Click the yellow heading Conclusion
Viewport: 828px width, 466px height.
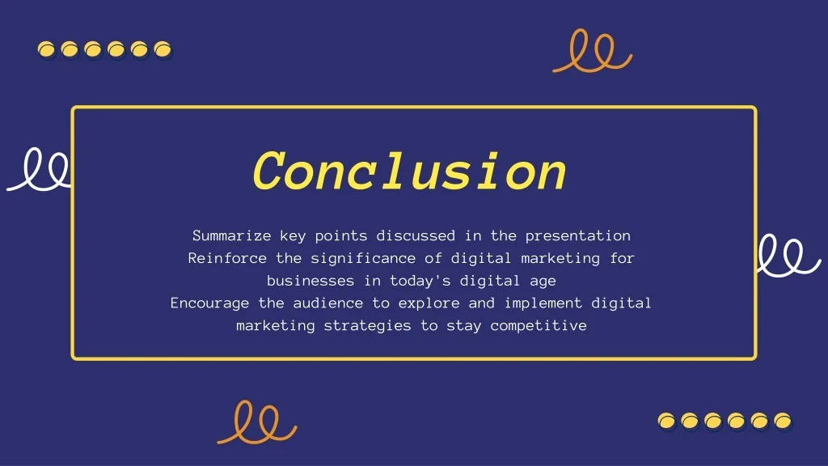410,172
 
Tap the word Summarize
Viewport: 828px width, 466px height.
232,235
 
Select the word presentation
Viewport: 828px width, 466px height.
577,236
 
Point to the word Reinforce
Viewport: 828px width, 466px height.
227,258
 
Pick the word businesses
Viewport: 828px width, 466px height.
310,281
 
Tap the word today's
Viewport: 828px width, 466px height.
420,281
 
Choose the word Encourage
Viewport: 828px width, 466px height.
209,304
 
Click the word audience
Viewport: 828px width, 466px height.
328,303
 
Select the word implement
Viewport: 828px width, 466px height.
543,303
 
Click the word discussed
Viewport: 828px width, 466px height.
416,235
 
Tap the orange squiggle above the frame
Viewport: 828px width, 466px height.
593,51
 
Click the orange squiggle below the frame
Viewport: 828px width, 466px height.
257,422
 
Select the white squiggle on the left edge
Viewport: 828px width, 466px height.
38,169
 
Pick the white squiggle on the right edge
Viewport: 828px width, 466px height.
789,255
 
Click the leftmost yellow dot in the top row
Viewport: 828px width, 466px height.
46,49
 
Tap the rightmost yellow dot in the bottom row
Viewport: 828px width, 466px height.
783,421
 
